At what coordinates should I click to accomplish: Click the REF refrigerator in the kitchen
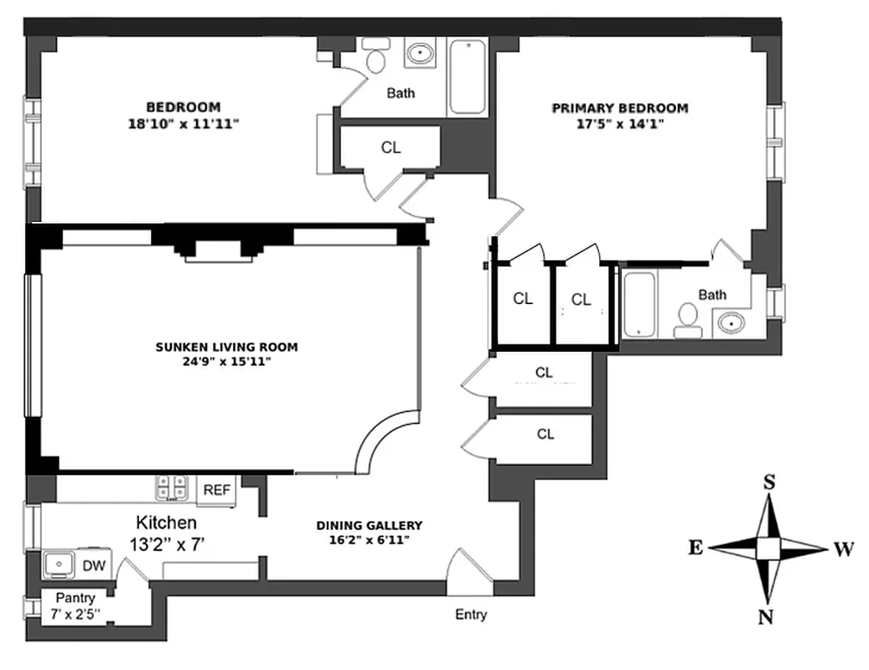[217, 491]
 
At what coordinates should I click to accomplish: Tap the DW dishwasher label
[94, 566]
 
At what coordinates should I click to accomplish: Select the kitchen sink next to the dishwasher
[59, 564]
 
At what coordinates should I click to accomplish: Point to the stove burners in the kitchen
[173, 488]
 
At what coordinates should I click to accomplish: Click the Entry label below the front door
[470, 615]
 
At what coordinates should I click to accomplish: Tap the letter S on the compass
[768, 482]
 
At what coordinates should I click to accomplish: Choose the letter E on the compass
[695, 548]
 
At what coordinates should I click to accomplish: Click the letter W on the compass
[843, 549]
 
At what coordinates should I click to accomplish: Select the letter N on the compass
[766, 617]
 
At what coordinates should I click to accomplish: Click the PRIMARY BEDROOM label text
[619, 108]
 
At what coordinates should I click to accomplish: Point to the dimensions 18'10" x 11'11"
[183, 123]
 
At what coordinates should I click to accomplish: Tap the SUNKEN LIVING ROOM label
[226, 347]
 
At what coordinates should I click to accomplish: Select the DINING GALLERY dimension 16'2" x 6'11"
[370, 540]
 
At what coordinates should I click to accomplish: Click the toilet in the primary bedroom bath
[687, 320]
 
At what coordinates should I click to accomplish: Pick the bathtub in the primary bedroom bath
[639, 304]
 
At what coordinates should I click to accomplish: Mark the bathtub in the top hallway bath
[467, 75]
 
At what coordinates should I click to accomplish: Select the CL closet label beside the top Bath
[391, 147]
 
